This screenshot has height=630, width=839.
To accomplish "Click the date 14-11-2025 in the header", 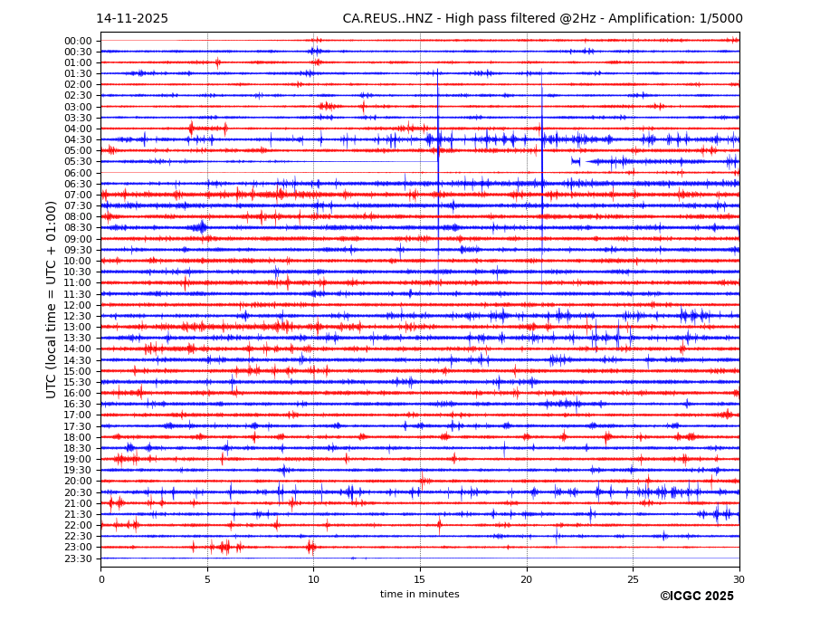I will tap(132, 19).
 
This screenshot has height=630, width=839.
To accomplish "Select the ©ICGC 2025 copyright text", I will tap(696, 597).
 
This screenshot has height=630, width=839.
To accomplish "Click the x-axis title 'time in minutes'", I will tap(419, 595).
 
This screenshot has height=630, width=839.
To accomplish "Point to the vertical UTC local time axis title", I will tap(52, 300).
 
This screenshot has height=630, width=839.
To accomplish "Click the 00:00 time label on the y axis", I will tap(78, 41).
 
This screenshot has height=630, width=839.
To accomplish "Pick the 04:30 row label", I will tap(78, 139).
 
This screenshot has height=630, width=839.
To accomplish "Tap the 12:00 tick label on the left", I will tap(78, 305).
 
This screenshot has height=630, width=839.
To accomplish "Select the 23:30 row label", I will tap(78, 558).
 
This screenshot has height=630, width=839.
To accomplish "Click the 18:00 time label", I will tap(78, 437).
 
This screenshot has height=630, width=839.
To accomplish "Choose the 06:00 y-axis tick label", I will tap(78, 173).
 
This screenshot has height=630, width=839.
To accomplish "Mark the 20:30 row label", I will tap(78, 492).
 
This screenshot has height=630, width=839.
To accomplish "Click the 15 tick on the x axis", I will tap(420, 579).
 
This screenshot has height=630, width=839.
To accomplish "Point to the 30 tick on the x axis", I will tap(739, 579).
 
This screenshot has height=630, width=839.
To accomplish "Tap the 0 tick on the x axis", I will tap(101, 579).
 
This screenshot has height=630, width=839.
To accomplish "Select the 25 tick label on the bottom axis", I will tap(633, 579).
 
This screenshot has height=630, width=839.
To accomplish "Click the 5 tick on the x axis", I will tap(207, 579).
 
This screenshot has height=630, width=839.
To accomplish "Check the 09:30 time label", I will tap(78, 250).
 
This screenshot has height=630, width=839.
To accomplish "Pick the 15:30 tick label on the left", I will tap(78, 382).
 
